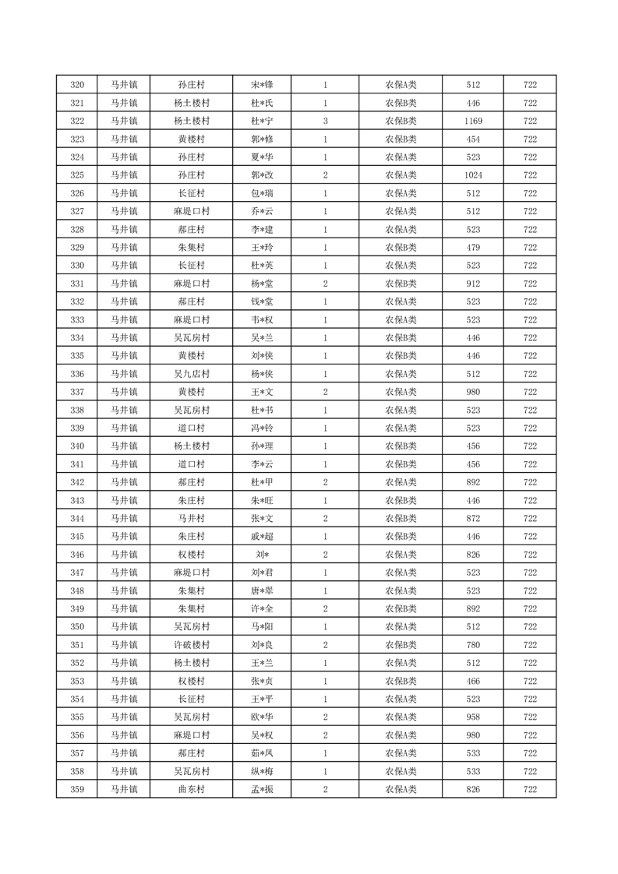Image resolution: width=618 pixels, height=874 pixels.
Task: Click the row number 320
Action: [77, 85]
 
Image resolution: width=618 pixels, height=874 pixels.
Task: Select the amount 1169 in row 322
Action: [473, 122]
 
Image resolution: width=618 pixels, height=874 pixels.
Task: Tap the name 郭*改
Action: [262, 175]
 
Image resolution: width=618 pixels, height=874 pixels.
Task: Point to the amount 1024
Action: [473, 175]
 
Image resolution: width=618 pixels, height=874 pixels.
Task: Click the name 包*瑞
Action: [262, 193]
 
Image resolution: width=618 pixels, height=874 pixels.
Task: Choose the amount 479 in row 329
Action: [473, 248]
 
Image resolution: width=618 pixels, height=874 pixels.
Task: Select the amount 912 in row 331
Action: [473, 284]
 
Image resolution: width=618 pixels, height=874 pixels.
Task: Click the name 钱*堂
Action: [262, 301]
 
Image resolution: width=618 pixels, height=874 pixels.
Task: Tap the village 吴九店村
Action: [191, 374]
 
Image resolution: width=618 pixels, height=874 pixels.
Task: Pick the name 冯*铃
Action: [262, 428]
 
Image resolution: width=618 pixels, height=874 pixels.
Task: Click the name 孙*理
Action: [262, 446]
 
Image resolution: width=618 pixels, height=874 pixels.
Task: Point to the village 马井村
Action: [191, 519]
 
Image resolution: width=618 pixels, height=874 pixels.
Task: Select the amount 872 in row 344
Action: [473, 519]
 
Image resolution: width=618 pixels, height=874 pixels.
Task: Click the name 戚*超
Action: [262, 537]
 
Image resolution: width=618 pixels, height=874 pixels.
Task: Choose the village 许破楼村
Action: [191, 645]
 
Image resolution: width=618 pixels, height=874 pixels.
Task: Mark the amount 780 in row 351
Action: [473, 645]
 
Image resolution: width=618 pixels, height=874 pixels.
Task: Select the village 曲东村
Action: [191, 790]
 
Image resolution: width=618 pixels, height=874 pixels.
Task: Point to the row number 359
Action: [77, 790]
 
